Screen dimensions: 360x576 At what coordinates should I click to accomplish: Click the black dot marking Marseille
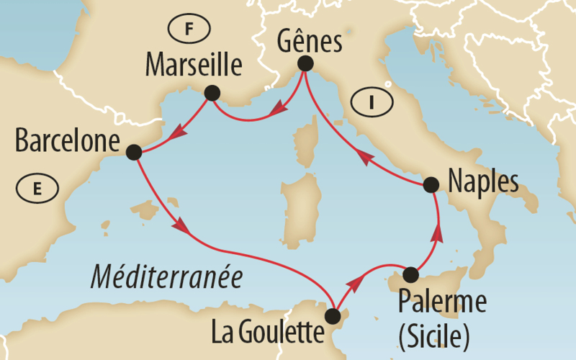(x=212, y=93)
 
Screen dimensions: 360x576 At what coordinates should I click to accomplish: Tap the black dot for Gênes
(x=305, y=63)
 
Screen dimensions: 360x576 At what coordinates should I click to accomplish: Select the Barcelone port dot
(x=133, y=152)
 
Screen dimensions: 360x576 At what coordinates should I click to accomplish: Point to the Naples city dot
(x=431, y=185)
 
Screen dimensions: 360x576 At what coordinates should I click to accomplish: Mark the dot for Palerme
(x=410, y=274)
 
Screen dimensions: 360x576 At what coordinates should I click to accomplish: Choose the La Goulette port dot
(x=333, y=316)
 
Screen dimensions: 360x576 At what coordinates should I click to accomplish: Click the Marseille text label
(x=193, y=66)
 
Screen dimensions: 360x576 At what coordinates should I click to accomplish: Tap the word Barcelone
(x=66, y=140)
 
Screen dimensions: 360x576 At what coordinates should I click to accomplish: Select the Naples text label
(x=482, y=183)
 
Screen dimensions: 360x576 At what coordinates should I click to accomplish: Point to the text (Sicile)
(x=434, y=333)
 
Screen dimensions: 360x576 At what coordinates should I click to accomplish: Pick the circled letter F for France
(x=189, y=29)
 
